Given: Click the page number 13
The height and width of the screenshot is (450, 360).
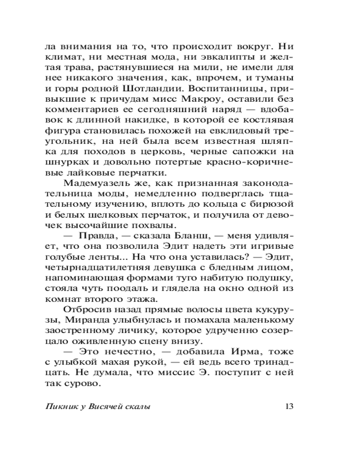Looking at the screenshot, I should pos(289,407).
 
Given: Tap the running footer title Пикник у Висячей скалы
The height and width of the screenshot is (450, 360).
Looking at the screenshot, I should pos(98,407).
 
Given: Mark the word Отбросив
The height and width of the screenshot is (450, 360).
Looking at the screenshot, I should pos(85,309).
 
